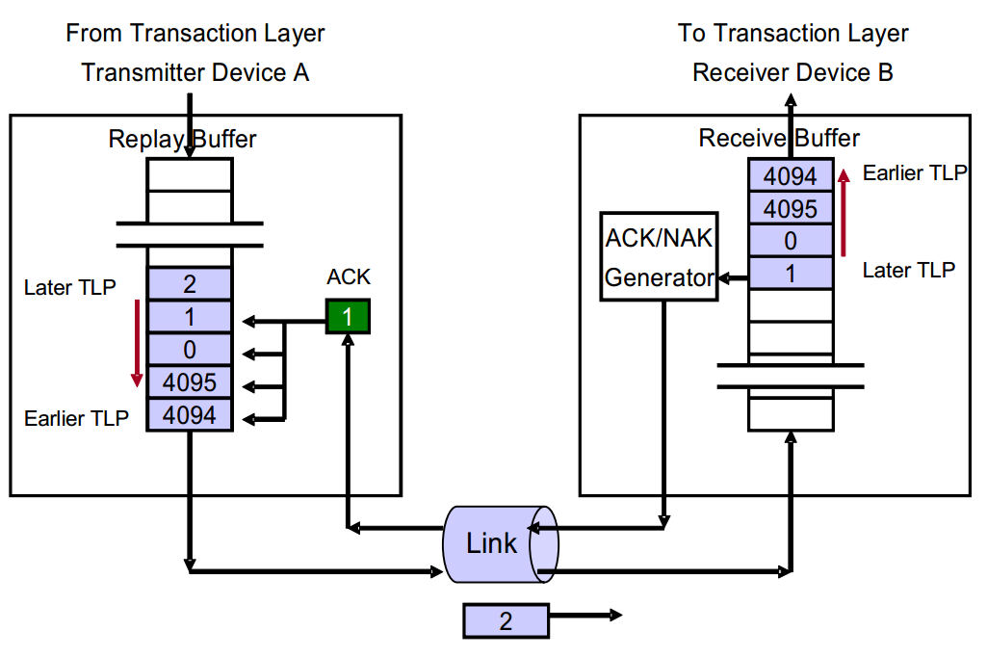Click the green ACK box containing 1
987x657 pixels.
click(347, 317)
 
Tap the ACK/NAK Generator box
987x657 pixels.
click(660, 255)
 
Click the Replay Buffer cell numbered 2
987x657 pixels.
click(190, 284)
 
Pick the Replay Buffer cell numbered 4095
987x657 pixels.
click(190, 381)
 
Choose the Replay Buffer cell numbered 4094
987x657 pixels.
click(190, 414)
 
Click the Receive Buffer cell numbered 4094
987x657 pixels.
click(791, 176)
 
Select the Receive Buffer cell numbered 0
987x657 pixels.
click(791, 241)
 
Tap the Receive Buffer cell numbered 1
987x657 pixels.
click(791, 274)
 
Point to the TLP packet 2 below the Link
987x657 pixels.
click(506, 621)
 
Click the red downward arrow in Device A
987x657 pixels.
click(137, 342)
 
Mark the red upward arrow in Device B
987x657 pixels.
click(844, 213)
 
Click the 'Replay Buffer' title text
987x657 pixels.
click(182, 139)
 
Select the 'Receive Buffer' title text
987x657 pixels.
click(779, 139)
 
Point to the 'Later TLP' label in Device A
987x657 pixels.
click(69, 287)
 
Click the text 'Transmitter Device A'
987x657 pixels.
click(195, 72)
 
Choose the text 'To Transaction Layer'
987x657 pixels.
click(792, 33)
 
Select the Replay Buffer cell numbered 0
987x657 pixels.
click(190, 349)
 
